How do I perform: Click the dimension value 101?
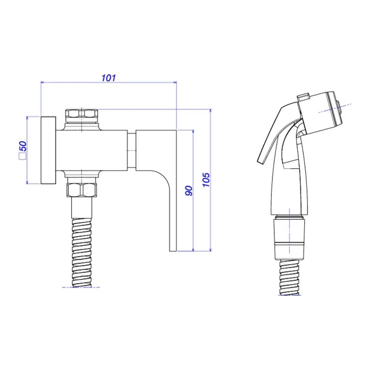pos(108,78)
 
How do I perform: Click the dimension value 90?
pos(189,191)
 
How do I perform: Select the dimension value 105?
pos(206,180)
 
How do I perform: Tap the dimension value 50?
pos(23,146)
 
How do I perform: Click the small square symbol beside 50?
pos(23,156)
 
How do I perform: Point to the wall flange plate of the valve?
pos(48,150)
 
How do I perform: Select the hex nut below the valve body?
pos(82,190)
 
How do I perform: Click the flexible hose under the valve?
pos(82,253)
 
